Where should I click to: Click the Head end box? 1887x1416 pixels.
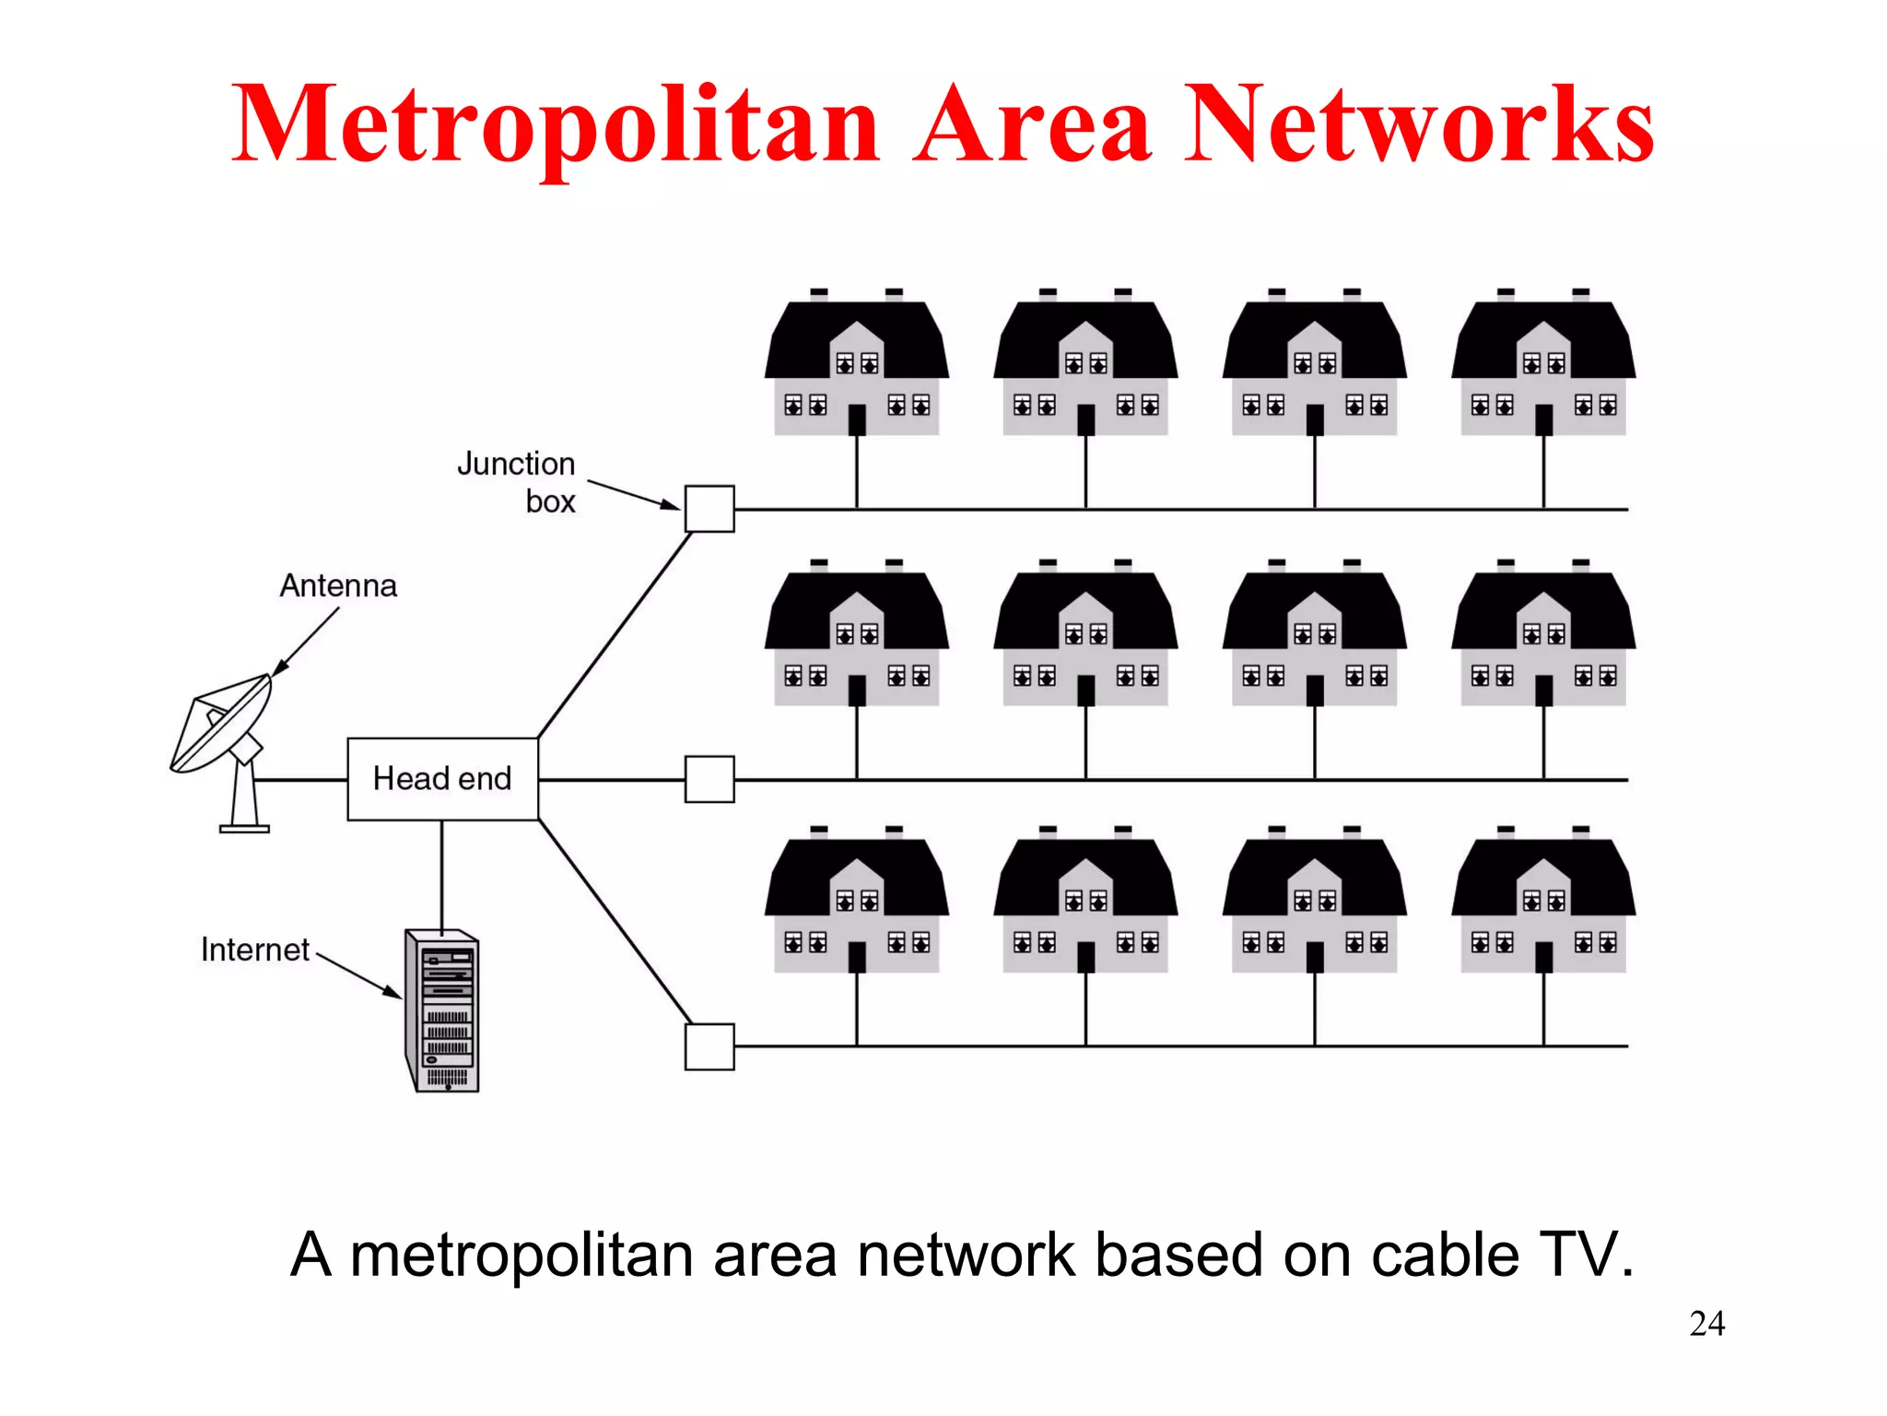(442, 779)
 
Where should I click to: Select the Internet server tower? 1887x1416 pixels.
(443, 1011)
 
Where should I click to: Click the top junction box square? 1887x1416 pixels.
(709, 509)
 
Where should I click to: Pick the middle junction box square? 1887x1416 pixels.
(709, 779)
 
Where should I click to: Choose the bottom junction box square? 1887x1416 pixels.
(709, 1046)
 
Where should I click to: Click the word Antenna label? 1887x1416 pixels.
(338, 586)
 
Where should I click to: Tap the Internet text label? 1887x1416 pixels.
(255, 950)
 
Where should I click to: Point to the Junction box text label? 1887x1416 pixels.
(517, 482)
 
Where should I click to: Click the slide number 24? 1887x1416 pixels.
(1706, 1324)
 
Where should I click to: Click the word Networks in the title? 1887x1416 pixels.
(1419, 124)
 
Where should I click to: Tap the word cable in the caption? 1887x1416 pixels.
(1445, 1256)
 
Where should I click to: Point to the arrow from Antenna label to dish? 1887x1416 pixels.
(306, 643)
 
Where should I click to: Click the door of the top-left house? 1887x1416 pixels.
(857, 420)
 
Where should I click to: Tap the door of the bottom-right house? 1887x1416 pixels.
(1544, 957)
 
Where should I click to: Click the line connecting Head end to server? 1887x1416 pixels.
(442, 874)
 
